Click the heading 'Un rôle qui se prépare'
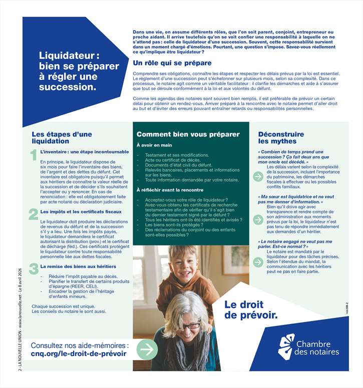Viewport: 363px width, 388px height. click(172, 63)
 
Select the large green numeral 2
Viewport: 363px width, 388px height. click(33, 214)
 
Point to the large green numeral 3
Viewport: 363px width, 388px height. click(33, 268)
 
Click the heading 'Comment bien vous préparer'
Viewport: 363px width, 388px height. click(188, 134)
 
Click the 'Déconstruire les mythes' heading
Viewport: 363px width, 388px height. click(281, 137)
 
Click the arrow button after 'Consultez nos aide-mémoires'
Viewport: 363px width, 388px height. click(147, 349)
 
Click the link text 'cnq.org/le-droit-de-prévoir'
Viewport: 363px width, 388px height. click(79, 354)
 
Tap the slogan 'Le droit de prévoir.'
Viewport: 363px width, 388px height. click(250, 309)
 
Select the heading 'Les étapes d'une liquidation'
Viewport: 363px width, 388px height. click(62, 137)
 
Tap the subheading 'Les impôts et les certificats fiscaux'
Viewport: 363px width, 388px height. click(78, 212)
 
